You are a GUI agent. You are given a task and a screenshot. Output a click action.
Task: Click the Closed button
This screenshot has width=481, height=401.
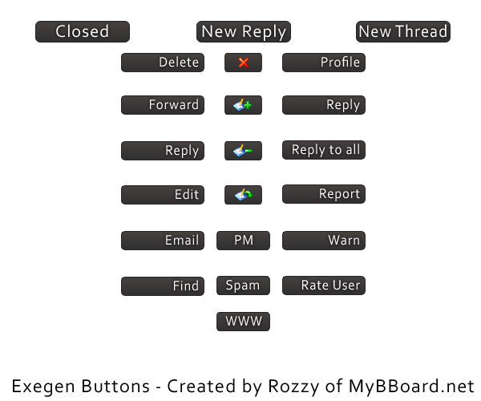click(x=83, y=32)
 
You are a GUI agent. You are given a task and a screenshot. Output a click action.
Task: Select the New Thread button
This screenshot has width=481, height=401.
click(x=403, y=32)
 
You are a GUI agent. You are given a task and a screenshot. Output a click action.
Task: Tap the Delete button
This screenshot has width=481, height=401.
click(x=163, y=63)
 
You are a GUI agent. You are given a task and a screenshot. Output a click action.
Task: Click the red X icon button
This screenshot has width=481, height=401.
click(x=243, y=63)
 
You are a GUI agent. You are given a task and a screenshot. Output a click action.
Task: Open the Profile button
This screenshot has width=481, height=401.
click(x=324, y=63)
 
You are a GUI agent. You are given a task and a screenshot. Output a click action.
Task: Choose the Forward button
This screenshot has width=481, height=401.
click(x=163, y=105)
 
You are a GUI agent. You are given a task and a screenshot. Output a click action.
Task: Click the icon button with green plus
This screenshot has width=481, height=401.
click(x=243, y=105)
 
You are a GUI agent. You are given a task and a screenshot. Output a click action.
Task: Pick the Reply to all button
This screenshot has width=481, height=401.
click(x=324, y=150)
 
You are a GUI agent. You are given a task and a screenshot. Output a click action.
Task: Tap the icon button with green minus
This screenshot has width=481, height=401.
click(x=243, y=151)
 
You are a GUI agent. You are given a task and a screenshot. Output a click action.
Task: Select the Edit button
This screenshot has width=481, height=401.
click(x=163, y=195)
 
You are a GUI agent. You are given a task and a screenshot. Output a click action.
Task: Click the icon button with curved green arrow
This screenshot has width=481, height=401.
click(x=243, y=195)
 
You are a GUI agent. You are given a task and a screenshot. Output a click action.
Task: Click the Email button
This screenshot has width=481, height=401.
click(x=163, y=241)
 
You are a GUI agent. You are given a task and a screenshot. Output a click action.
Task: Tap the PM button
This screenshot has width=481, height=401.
click(x=243, y=241)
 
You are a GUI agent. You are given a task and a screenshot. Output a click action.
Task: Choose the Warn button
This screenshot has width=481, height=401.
click(x=324, y=241)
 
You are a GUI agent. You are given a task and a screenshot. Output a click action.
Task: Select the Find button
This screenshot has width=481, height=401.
click(x=163, y=286)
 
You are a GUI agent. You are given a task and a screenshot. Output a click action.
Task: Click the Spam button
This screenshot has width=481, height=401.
click(x=243, y=286)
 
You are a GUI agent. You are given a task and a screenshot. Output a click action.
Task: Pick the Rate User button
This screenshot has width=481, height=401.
click(x=324, y=286)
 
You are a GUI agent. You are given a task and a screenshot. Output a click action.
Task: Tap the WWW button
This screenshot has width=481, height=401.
click(x=243, y=322)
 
